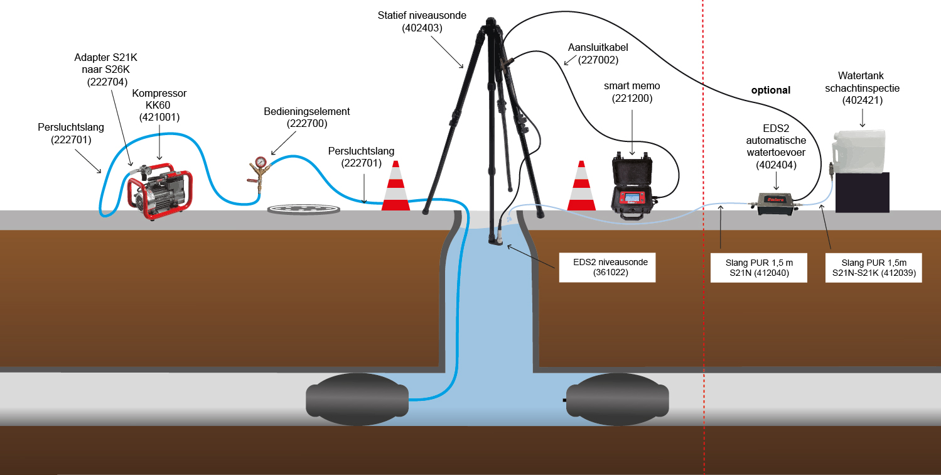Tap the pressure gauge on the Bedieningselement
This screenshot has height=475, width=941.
[x=261, y=162]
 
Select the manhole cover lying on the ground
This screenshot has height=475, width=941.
[x=304, y=209]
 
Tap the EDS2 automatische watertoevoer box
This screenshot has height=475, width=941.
[x=775, y=204]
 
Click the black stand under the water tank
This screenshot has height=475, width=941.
[x=862, y=192]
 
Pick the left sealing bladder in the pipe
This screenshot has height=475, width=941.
[x=357, y=400]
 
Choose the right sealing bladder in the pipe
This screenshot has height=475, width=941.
[x=618, y=400]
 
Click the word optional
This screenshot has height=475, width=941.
[x=770, y=90]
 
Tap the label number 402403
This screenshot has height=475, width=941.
[x=422, y=28]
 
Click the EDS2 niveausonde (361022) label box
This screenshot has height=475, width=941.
[x=607, y=268]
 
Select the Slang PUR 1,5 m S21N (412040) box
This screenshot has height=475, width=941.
[x=759, y=268]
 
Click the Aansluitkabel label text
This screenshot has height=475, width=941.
[x=598, y=48]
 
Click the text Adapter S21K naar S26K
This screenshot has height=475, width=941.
[x=106, y=63]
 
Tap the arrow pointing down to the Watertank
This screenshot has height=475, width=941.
[x=863, y=118]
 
